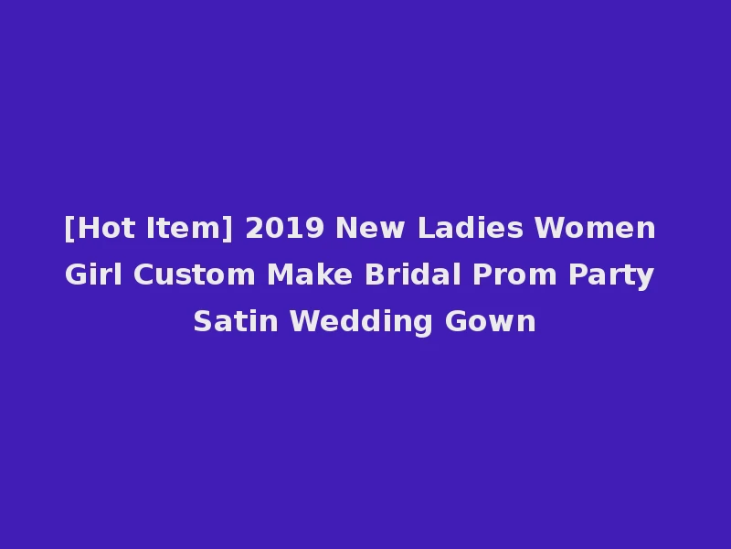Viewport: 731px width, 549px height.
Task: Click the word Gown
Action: coord(491,321)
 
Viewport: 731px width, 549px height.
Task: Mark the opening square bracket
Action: coord(69,228)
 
